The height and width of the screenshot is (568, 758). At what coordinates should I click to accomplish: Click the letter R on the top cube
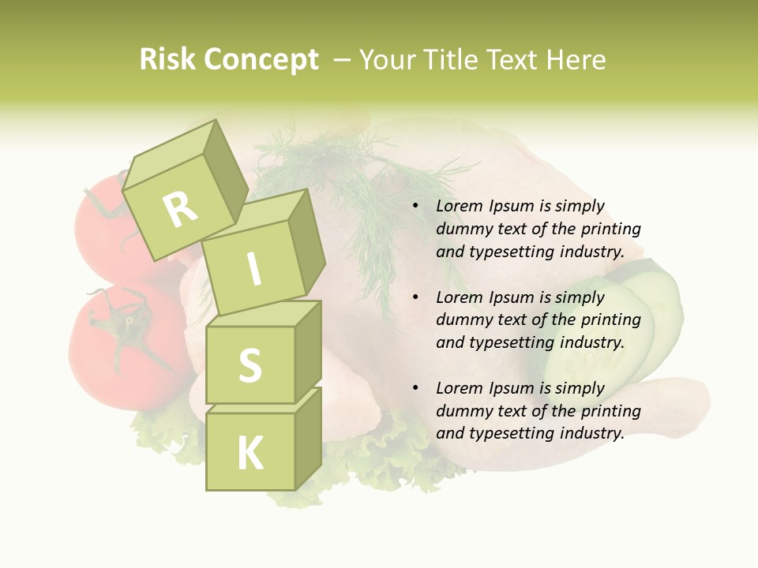coord(181,209)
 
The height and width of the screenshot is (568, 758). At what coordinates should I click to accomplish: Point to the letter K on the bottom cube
coord(250,454)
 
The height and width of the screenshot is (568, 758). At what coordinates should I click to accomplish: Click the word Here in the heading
coord(576,60)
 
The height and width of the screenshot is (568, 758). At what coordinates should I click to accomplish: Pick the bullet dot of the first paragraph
coord(415,207)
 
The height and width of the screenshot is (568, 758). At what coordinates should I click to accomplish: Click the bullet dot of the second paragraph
coord(415,297)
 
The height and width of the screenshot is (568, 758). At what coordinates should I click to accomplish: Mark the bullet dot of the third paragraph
coord(415,388)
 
